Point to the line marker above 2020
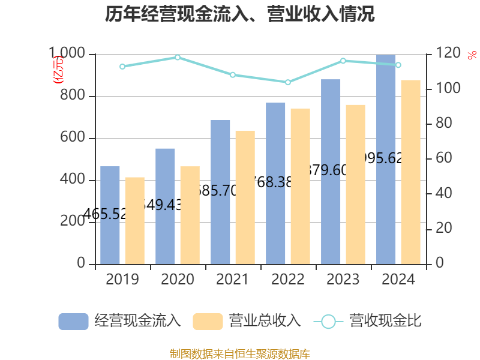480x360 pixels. click(178, 58)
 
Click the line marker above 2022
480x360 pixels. click(288, 82)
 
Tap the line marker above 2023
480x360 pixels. click(343, 61)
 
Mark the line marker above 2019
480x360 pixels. click(122, 67)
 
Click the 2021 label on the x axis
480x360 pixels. click(233, 280)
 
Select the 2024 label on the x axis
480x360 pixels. click(398, 280)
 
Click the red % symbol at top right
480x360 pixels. click(472, 55)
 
